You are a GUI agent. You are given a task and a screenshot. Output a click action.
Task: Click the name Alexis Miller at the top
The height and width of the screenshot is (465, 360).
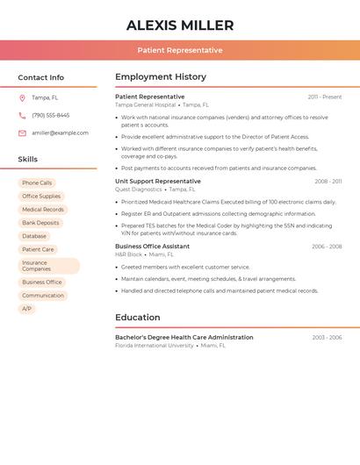180,25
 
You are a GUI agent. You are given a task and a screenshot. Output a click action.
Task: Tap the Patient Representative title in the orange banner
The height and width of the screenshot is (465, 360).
180,50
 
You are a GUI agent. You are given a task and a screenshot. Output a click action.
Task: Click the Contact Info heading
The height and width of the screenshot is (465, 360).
41,78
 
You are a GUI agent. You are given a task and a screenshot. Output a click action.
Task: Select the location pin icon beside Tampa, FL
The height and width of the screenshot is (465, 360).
22,97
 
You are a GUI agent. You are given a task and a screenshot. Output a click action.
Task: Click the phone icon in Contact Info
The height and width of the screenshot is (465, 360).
22,115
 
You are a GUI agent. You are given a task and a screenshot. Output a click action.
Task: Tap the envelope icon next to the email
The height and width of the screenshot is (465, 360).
22,133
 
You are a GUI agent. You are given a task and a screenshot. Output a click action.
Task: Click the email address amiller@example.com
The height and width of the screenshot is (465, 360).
60,133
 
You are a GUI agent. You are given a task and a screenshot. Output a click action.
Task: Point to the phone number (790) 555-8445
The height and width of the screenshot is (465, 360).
50,115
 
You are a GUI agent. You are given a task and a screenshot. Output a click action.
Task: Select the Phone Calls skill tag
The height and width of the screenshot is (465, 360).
37,182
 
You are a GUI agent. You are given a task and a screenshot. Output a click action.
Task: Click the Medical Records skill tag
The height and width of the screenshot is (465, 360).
42,210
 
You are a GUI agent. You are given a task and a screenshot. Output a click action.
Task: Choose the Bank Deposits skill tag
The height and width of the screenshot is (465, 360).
40,223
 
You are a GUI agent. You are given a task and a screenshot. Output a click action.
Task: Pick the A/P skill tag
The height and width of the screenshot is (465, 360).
26,309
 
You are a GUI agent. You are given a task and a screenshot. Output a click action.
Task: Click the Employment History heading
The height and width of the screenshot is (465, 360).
161,77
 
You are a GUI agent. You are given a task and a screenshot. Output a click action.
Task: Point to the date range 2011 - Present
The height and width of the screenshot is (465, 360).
324,97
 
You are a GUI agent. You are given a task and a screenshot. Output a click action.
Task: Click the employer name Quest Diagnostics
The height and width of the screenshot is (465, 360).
139,190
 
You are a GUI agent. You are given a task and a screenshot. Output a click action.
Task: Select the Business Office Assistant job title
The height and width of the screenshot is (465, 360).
152,247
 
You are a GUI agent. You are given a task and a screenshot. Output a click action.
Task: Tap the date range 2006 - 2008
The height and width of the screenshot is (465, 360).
327,247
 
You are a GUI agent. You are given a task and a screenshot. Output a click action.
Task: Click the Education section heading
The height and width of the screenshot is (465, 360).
144,317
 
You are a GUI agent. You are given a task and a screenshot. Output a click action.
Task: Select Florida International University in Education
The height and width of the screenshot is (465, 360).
155,346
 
